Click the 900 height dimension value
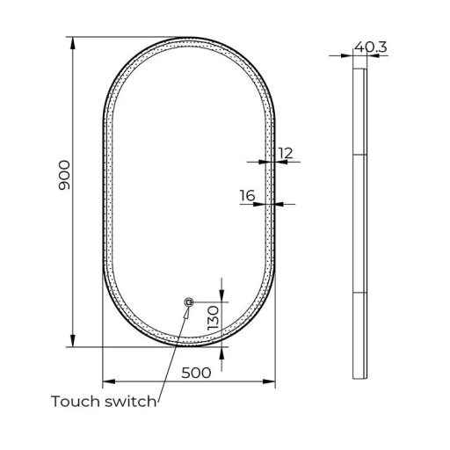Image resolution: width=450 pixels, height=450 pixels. click(64, 175)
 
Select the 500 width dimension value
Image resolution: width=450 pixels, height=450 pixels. click(196, 373)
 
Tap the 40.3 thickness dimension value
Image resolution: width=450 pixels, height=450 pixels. click(371, 47)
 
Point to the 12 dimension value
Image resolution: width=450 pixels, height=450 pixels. click(285, 153)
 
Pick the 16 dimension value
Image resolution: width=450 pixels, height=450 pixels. click(247, 195)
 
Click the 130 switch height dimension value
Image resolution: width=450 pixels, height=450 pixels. click(213, 318)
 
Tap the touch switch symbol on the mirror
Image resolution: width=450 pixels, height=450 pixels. click(189, 302)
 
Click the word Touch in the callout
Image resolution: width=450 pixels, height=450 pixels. click(76, 401)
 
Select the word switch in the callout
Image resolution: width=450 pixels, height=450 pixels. click(131, 401)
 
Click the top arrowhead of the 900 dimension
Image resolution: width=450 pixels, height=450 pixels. click(73, 43)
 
